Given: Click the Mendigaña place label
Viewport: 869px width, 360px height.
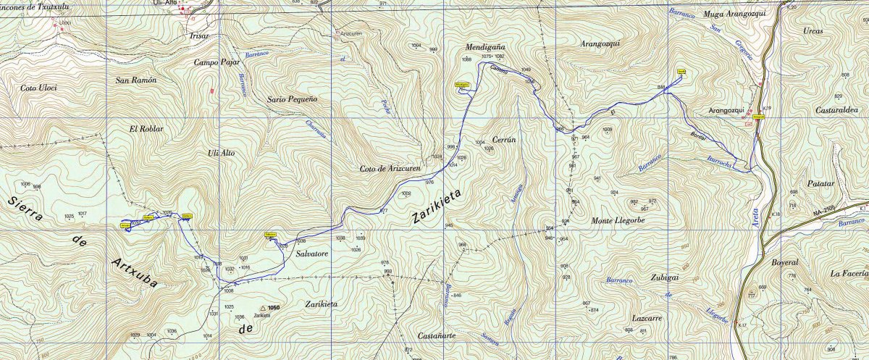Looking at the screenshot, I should coord(484,46).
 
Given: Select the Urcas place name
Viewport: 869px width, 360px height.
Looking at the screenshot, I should coord(813,31).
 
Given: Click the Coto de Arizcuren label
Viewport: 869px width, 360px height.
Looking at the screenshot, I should coord(390,169).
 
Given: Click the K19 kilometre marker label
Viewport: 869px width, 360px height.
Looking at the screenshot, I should coord(767,109).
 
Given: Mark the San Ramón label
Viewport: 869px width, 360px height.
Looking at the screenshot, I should coord(135,80).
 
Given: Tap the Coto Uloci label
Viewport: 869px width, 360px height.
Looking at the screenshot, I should coord(38,88).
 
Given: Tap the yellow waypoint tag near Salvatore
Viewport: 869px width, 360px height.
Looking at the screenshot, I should coord(268,235).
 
